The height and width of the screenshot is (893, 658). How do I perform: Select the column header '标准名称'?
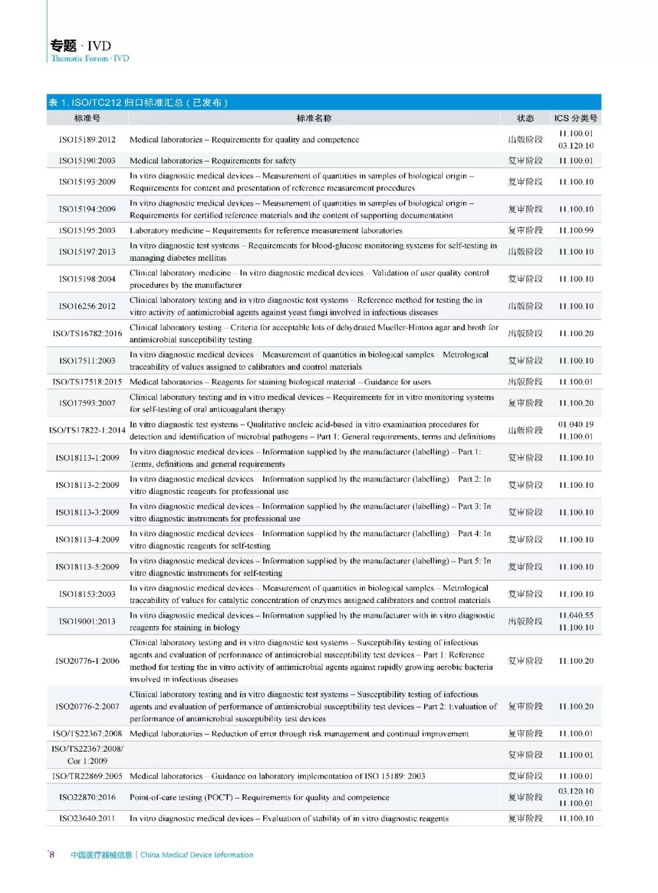tap(314, 118)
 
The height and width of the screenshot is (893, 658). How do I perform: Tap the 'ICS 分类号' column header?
tap(576, 118)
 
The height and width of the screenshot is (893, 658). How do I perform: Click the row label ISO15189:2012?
tap(87, 139)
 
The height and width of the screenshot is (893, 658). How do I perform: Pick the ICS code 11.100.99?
tap(576, 230)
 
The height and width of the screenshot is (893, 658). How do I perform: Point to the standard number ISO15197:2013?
tap(87, 252)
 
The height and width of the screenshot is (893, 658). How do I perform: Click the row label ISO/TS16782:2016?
tap(87, 333)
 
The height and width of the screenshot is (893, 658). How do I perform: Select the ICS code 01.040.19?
tap(576, 425)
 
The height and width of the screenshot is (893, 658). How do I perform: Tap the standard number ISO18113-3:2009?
tap(87, 512)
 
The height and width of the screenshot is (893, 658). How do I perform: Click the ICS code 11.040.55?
tap(576, 615)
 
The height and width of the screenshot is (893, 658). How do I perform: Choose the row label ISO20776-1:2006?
tap(87, 661)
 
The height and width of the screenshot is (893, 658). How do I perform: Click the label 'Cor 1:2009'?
tap(87, 761)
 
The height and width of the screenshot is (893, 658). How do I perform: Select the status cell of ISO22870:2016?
tap(525, 797)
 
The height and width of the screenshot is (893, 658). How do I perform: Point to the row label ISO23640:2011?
tap(87, 819)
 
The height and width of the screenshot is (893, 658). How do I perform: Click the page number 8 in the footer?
tap(52, 855)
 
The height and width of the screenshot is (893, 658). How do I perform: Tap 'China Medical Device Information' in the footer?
tap(197, 855)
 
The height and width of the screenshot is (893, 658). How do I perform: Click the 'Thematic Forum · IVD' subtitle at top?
tap(90, 58)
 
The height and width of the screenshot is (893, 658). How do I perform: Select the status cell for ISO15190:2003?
tap(525, 161)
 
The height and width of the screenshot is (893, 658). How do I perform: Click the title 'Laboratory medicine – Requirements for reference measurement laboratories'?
tap(266, 230)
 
